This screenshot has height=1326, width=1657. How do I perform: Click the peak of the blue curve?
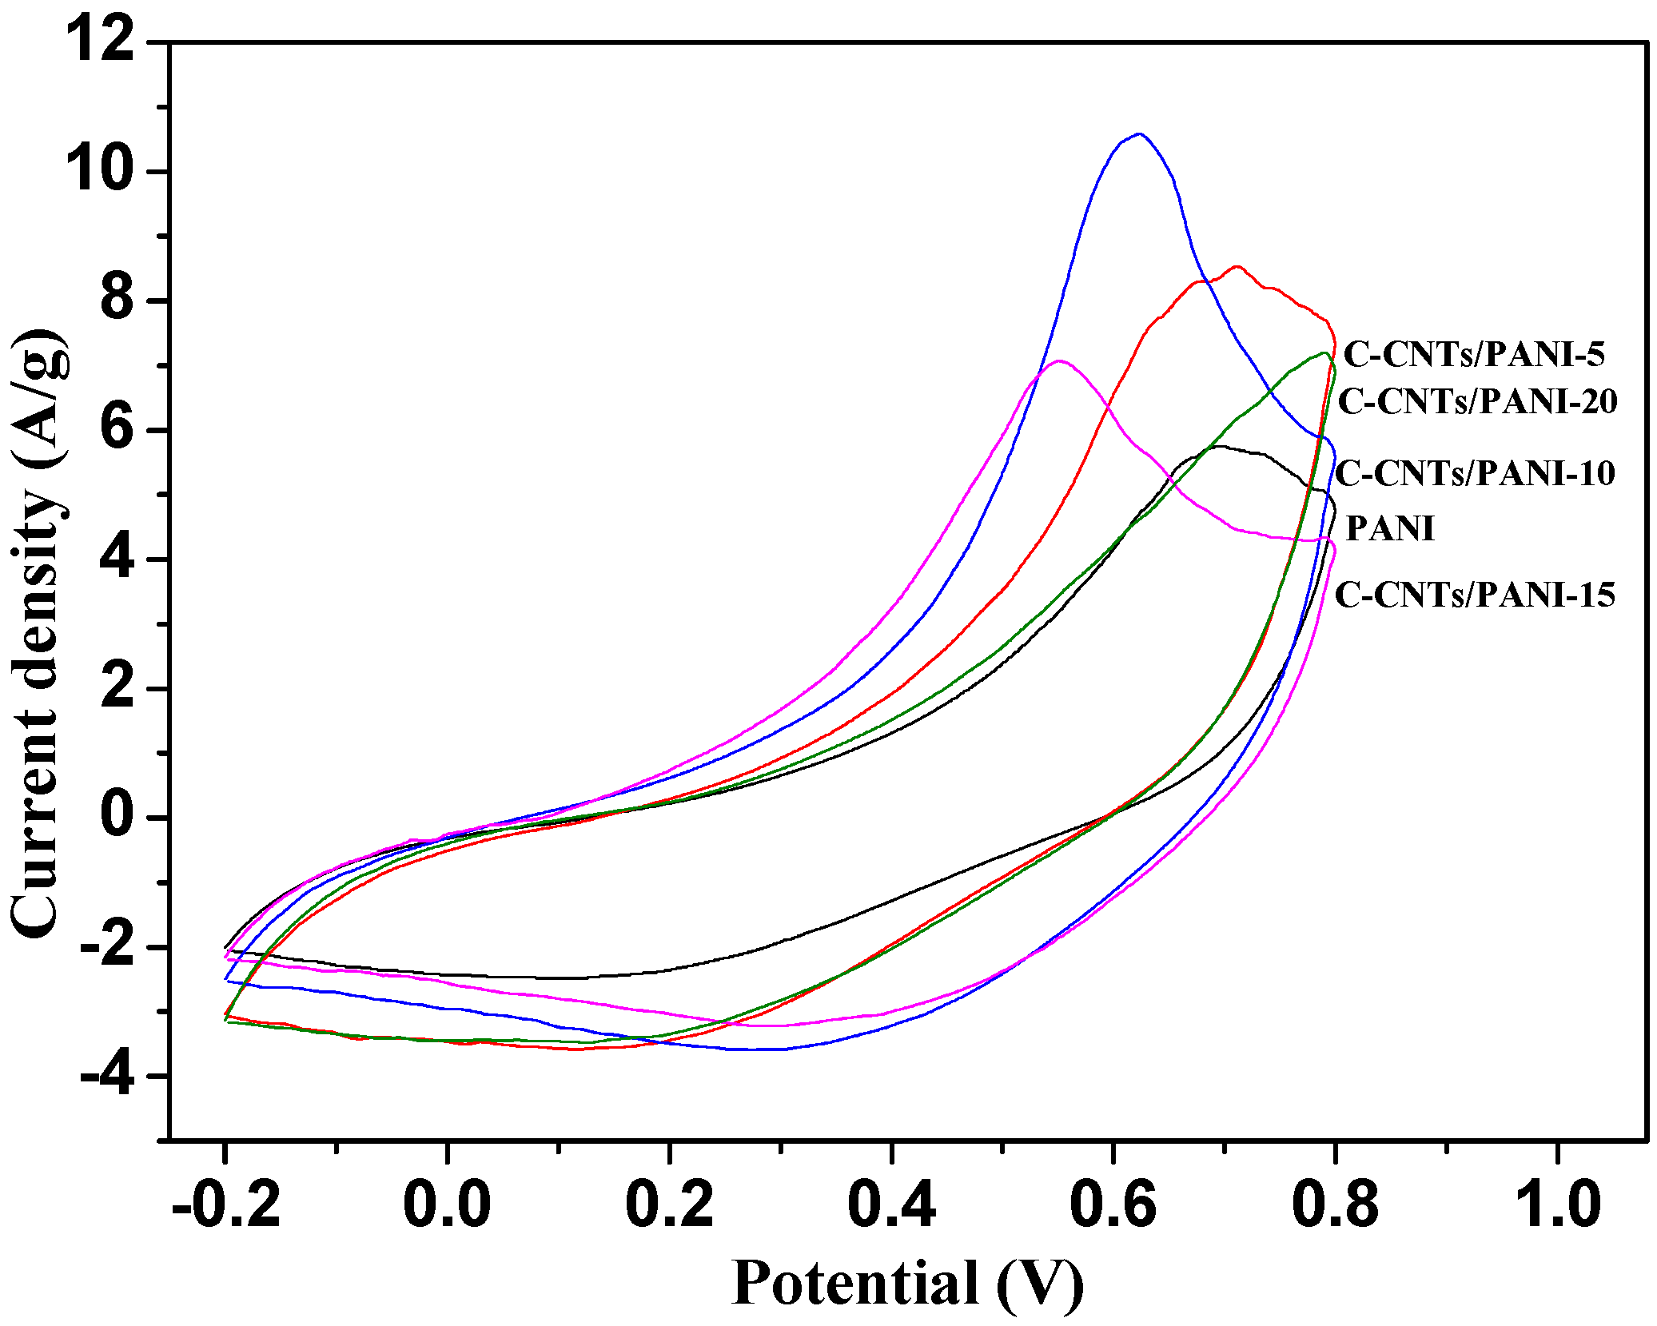pyautogui.click(x=1139, y=134)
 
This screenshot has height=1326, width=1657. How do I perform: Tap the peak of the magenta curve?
pyautogui.click(x=1059, y=361)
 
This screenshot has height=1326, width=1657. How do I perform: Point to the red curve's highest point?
pyautogui.click(x=1237, y=267)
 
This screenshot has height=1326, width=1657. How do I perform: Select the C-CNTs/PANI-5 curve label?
pyautogui.click(x=1473, y=354)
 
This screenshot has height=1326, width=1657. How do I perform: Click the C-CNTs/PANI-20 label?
pyautogui.click(x=1477, y=401)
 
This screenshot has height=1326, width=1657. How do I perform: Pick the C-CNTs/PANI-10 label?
pyautogui.click(x=1475, y=473)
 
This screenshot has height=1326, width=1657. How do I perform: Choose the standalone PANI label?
pyautogui.click(x=1390, y=528)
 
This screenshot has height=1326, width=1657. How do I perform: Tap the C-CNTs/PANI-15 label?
pyautogui.click(x=1475, y=595)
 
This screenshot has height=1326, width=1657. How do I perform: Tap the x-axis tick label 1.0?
pyautogui.click(x=1557, y=1205)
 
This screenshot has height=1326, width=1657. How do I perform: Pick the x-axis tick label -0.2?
pyautogui.click(x=226, y=1205)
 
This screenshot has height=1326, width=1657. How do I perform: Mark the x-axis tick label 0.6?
pyautogui.click(x=1113, y=1205)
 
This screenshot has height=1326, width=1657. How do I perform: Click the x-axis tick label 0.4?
pyautogui.click(x=891, y=1205)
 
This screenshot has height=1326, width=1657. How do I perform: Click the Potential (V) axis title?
pyautogui.click(x=907, y=1283)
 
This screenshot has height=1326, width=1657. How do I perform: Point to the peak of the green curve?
pyautogui.click(x=1324, y=353)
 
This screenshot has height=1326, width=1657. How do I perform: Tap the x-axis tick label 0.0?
pyautogui.click(x=447, y=1205)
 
